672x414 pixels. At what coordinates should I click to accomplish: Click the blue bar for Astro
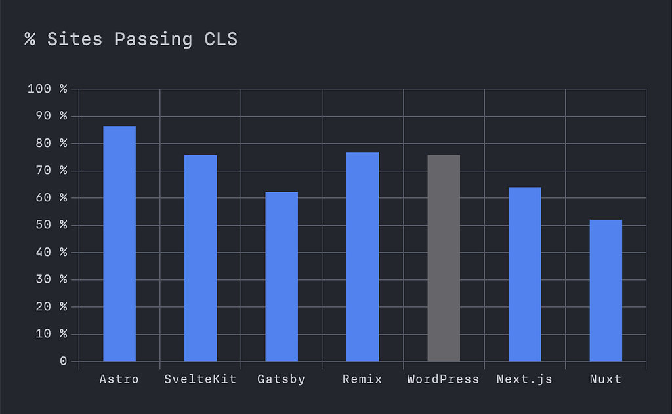tap(119, 243)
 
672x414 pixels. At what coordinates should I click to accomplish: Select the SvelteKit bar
tap(201, 259)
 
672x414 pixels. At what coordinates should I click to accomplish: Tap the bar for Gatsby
tap(282, 276)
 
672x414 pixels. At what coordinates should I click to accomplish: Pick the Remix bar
tap(362, 257)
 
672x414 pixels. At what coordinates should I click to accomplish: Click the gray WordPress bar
tap(444, 259)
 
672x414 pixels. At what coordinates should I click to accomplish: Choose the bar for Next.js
tap(524, 274)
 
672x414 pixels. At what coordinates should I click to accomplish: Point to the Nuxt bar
tap(606, 291)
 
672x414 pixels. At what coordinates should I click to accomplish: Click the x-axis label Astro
tap(119, 379)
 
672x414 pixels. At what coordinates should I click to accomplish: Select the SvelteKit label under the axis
tap(200, 379)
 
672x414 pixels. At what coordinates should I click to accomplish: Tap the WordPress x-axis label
tap(443, 379)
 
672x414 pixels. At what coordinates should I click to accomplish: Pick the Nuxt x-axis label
tap(606, 379)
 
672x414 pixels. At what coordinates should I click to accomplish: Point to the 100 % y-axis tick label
tap(47, 89)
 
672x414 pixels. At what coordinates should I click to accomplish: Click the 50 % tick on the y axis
tap(51, 225)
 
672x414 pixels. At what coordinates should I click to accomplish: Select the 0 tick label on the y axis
tap(64, 362)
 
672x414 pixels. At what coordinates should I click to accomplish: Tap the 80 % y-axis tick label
tap(51, 143)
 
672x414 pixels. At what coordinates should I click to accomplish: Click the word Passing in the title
tap(154, 40)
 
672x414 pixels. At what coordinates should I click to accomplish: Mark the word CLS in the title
tap(220, 39)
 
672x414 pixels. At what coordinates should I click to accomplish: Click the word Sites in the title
tap(75, 39)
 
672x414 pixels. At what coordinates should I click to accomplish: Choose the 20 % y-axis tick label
tap(51, 307)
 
